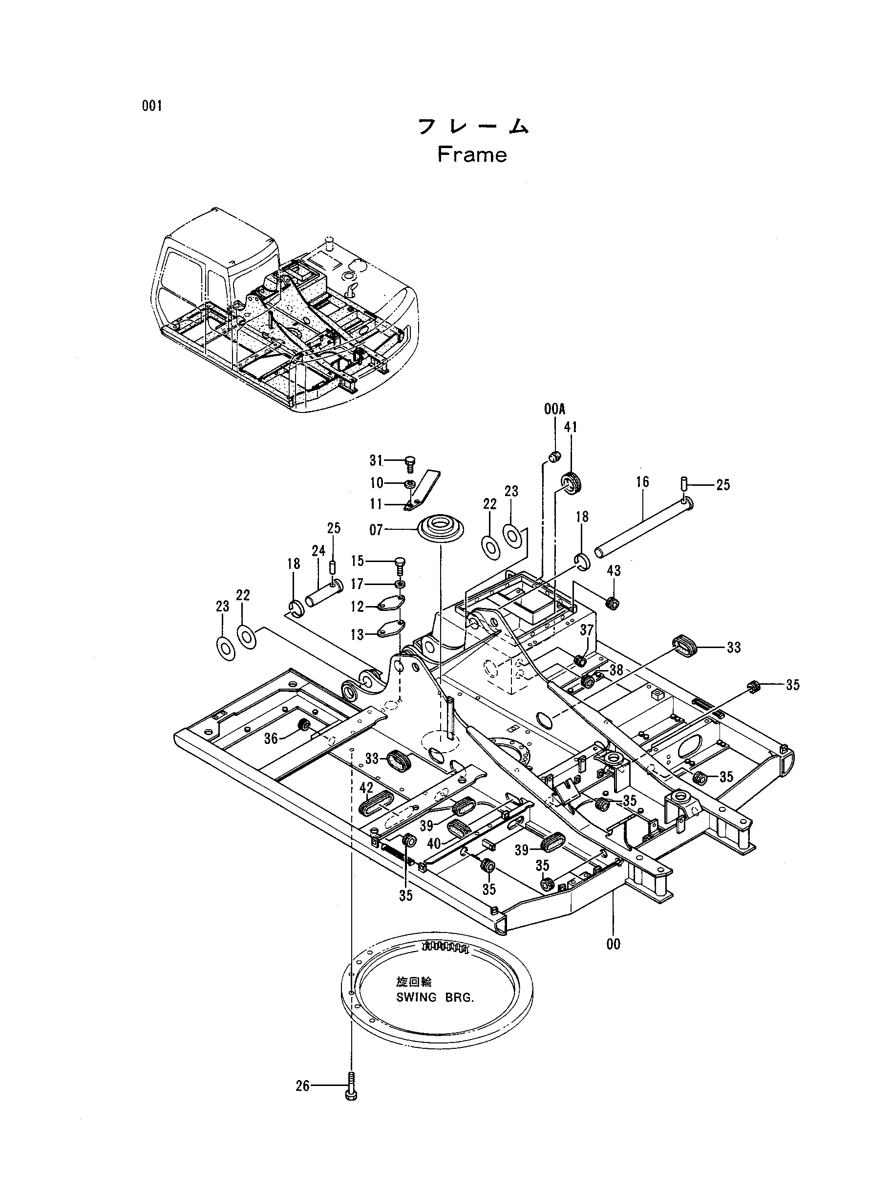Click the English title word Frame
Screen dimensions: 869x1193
click(472, 155)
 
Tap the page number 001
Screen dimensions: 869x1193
click(151, 107)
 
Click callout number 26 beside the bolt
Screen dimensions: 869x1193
click(302, 1086)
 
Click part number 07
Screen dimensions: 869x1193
click(376, 529)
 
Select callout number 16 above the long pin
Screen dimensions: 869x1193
click(643, 481)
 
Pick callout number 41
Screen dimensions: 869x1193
click(571, 427)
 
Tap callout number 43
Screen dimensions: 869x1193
click(614, 570)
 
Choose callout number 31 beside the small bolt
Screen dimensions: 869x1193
click(376, 460)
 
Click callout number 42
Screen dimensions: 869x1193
click(366, 788)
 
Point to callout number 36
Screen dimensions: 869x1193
click(271, 739)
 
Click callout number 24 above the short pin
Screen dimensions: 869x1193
click(318, 551)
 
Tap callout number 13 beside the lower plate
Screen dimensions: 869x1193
click(358, 635)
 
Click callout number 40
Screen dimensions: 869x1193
click(434, 844)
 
